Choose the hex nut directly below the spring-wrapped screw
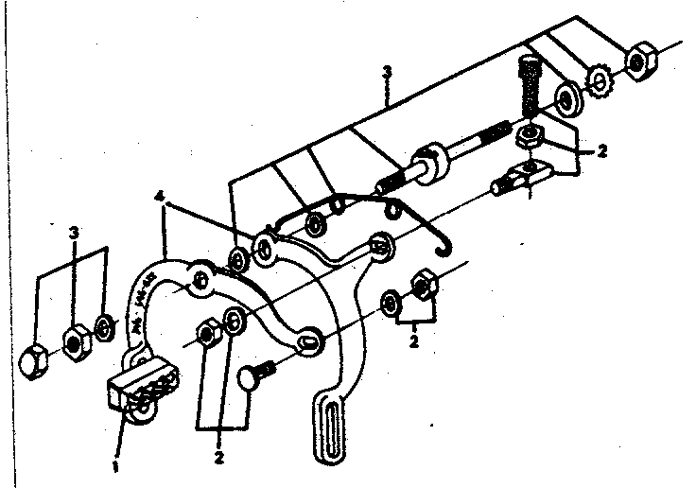[x=528, y=137]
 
